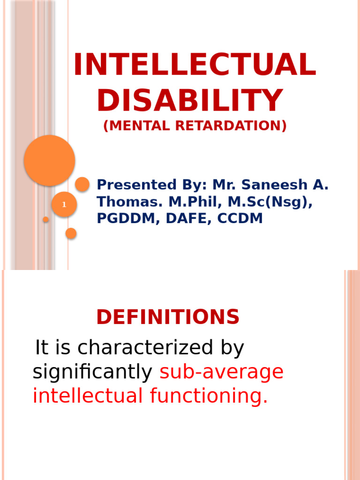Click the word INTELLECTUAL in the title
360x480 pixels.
195,65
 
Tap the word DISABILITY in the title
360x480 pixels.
190,100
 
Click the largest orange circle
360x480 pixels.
49,160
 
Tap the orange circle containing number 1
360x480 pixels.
64,205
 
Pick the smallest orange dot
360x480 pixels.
46,219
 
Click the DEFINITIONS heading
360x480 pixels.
168,317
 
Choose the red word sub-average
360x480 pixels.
222,372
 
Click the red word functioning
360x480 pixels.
209,396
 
